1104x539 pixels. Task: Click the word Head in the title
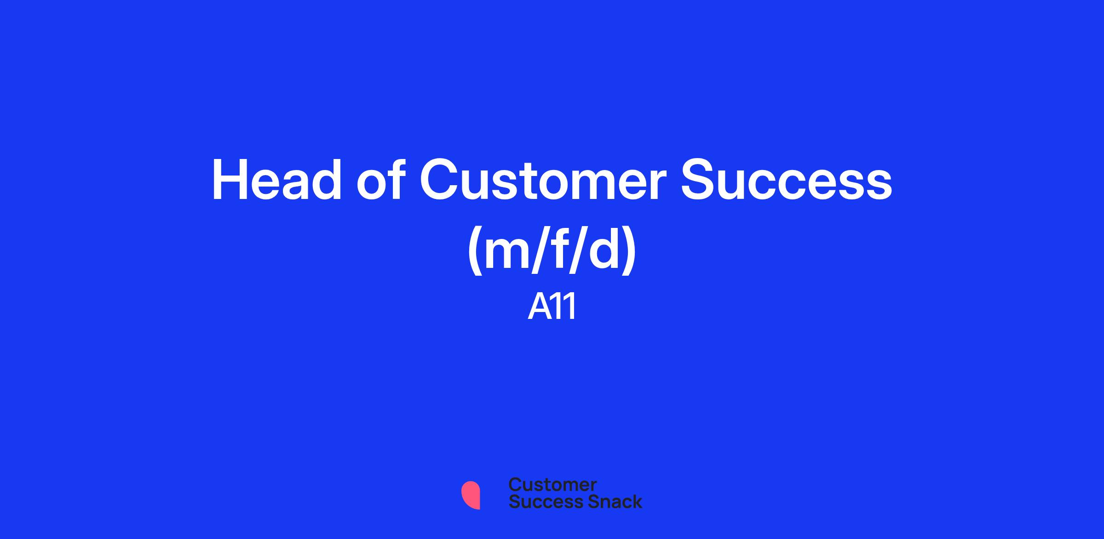pyautogui.click(x=276, y=180)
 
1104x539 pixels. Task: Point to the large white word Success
pyautogui.click(x=787, y=180)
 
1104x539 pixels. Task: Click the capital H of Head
pyautogui.click(x=230, y=180)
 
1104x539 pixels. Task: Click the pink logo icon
pyautogui.click(x=471, y=495)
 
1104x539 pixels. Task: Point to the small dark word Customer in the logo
pyautogui.click(x=552, y=485)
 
